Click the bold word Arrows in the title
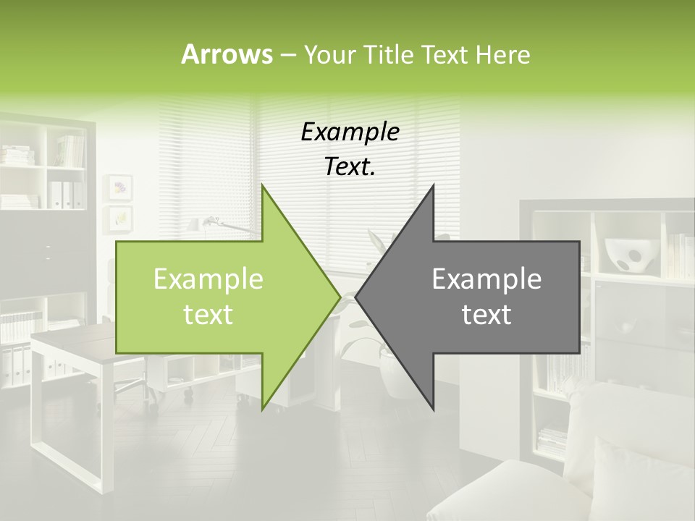coord(227,54)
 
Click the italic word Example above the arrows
coord(350,132)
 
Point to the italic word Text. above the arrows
coord(350,166)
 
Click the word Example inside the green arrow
coord(208,279)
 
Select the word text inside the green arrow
coord(208,314)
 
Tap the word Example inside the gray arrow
coord(486,279)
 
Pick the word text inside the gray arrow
coord(486,314)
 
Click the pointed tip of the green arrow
coord(339,297)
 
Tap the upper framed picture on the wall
coord(119,188)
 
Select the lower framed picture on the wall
coord(119,216)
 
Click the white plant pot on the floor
coord(397,373)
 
